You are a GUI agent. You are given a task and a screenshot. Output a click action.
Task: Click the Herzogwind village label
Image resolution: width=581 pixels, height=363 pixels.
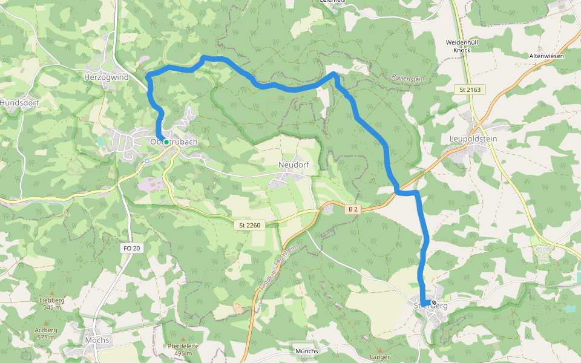coord(106,77)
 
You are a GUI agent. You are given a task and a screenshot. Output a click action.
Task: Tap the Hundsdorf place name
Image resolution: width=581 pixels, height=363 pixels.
coord(19,103)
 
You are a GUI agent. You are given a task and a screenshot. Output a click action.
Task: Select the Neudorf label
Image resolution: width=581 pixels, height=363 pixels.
coord(289,165)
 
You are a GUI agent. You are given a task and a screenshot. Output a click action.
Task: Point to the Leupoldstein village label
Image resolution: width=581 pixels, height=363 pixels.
coord(473,139)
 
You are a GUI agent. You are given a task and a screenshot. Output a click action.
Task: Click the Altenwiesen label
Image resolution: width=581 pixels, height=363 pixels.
coord(547,56)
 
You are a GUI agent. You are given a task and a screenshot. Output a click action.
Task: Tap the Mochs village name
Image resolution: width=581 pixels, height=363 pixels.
coord(97,340)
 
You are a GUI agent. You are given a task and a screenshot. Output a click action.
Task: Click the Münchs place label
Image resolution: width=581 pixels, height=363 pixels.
coord(307,351)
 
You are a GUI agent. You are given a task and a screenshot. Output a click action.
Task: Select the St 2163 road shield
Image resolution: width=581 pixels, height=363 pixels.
coord(470,90)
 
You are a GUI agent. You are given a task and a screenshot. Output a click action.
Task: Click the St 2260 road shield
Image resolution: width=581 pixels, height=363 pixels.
coord(249,225)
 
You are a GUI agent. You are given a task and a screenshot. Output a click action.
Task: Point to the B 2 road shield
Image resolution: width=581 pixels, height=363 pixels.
coord(353,209)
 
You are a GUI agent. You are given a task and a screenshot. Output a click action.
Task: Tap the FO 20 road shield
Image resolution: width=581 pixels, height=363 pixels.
coord(131,248)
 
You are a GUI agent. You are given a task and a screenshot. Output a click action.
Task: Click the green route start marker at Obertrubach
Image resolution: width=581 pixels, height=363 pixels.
coord(166,142)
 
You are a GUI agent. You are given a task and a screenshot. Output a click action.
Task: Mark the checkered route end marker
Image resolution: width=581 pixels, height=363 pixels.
coord(433,302)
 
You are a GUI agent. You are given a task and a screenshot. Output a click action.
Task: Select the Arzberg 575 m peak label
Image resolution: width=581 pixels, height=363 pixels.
coord(46,333)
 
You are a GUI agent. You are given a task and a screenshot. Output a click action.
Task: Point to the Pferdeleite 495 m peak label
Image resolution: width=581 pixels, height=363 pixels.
coord(183,349)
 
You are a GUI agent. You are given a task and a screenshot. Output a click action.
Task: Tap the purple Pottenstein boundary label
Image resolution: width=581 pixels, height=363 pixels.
coord(409,78)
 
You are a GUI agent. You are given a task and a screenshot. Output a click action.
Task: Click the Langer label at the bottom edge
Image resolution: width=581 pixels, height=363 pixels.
coord(380,357)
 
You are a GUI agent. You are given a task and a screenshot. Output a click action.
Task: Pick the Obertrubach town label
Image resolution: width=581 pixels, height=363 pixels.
coord(174,142)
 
